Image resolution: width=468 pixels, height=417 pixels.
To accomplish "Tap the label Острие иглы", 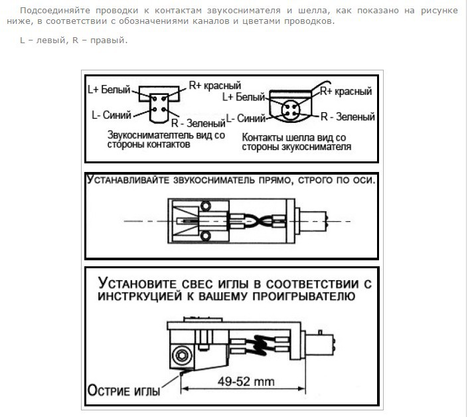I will pyautogui.click(x=124, y=390).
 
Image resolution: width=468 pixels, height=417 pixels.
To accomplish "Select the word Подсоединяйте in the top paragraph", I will pyautogui.click(x=48, y=11).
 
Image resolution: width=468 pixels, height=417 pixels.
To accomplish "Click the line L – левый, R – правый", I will pyautogui.click(x=73, y=41).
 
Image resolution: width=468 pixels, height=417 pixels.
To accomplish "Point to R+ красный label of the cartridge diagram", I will pyautogui.click(x=214, y=86).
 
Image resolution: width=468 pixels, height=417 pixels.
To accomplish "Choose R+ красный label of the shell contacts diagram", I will pyautogui.click(x=346, y=91).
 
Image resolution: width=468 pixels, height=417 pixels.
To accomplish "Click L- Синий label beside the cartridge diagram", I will pyautogui.click(x=112, y=114).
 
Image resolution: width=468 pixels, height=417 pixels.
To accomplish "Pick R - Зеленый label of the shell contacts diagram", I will pyautogui.click(x=347, y=117).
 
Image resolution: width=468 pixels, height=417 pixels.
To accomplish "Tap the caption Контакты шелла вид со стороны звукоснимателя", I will pyautogui.click(x=297, y=142).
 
